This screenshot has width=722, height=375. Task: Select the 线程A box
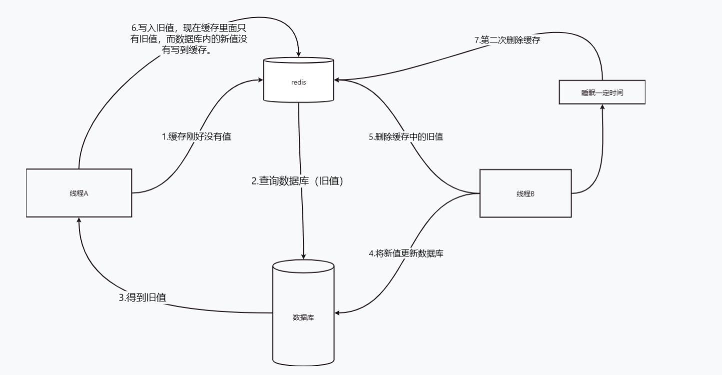pyautogui.click(x=79, y=193)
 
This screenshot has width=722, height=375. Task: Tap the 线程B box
pyautogui.click(x=525, y=193)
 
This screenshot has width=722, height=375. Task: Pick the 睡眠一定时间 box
pyautogui.click(x=602, y=92)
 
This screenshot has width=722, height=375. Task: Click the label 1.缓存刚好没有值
pyautogui.click(x=196, y=136)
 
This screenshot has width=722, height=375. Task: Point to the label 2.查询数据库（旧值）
pyautogui.click(x=298, y=181)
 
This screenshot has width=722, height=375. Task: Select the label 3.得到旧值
pyautogui.click(x=142, y=297)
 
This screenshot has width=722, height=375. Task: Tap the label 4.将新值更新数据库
pyautogui.click(x=406, y=253)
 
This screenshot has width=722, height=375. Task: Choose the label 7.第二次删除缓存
pyautogui.click(x=507, y=40)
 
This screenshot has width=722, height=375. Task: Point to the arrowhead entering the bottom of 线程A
pyautogui.click(x=79, y=221)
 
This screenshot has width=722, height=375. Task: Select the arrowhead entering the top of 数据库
pyautogui.click(x=303, y=256)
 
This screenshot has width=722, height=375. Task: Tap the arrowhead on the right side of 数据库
pyautogui.click(x=338, y=312)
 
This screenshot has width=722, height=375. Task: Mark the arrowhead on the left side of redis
pyautogui.click(x=260, y=79)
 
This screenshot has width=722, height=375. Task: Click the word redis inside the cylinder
pyautogui.click(x=298, y=82)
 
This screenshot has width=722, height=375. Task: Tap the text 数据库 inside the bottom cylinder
pyautogui.click(x=303, y=317)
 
